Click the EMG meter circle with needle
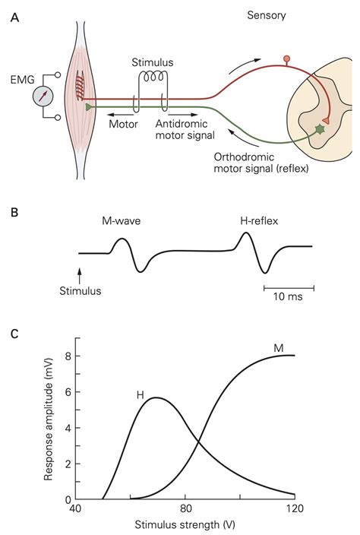[x=43, y=96]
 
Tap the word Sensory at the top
[x=267, y=15]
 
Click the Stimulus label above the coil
[x=153, y=62]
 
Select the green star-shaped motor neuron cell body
[x=320, y=130]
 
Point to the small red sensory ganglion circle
[x=287, y=59]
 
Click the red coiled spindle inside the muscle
[x=80, y=87]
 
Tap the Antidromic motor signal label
[x=185, y=130]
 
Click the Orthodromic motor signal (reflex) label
[x=261, y=163]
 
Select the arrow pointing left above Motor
[x=120, y=115]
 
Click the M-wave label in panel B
[x=121, y=220]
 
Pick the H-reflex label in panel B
[x=259, y=220]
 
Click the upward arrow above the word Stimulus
[x=80, y=276]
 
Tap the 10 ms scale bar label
[x=287, y=296]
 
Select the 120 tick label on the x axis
[x=295, y=508]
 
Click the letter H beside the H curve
[x=140, y=395]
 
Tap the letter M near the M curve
[x=279, y=348]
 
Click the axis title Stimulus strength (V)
[x=185, y=524]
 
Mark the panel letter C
[x=14, y=334]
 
